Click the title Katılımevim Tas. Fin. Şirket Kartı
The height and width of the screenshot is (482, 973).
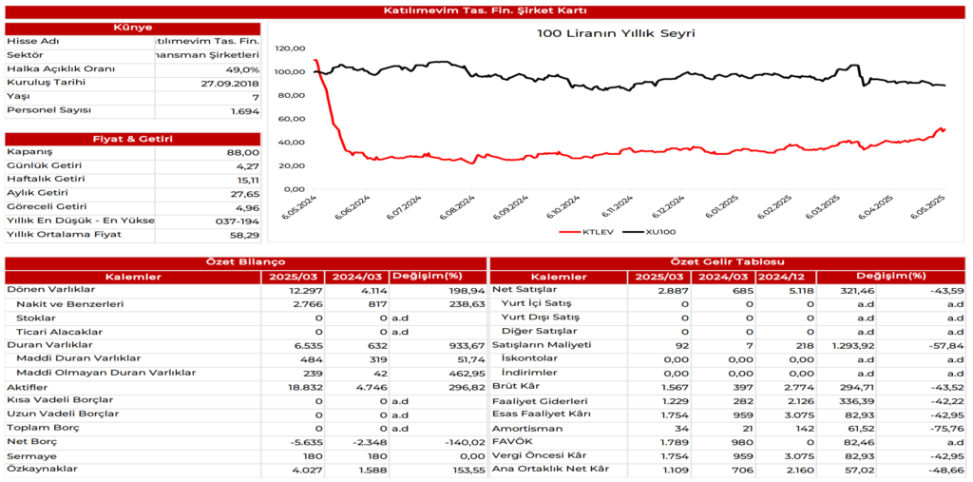pyautogui.click(x=486, y=10)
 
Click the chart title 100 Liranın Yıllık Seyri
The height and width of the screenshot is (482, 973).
pyautogui.click(x=616, y=33)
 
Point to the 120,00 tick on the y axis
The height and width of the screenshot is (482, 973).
pyautogui.click(x=290, y=48)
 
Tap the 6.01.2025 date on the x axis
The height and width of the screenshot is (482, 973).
pyautogui.click(x=723, y=206)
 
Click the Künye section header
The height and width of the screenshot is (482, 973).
pyautogui.click(x=132, y=28)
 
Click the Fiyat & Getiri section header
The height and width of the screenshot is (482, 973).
pyautogui.click(x=132, y=139)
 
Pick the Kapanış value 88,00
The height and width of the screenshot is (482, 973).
pyautogui.click(x=243, y=152)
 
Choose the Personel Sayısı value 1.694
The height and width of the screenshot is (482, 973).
pyautogui.click(x=244, y=111)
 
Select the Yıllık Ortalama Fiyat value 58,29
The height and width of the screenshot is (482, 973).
pyautogui.click(x=243, y=233)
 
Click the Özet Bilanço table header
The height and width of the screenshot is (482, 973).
pyautogui.click(x=245, y=262)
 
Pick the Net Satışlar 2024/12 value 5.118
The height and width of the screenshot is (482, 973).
pyautogui.click(x=795, y=290)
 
